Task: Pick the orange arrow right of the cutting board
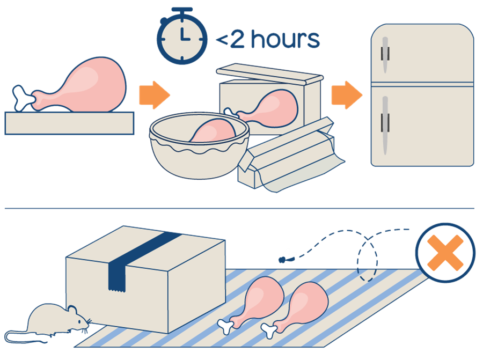[x=153, y=96]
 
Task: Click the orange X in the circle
[x=445, y=252]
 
